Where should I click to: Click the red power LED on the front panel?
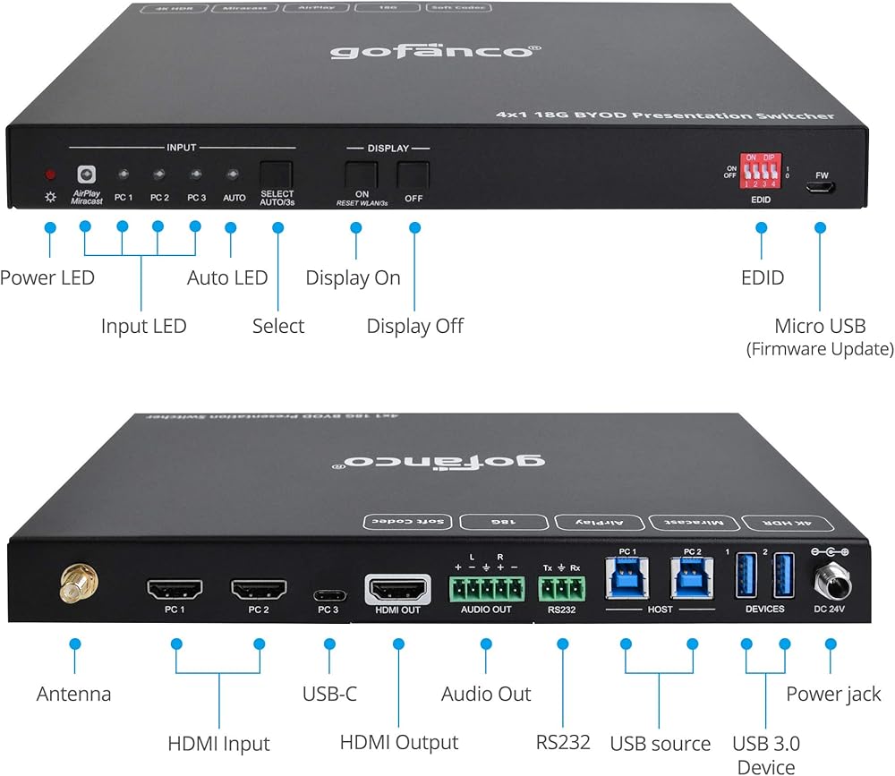(x=50, y=174)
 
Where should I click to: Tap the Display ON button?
(x=362, y=173)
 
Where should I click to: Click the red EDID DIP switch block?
(x=761, y=171)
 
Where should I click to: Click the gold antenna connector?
(x=73, y=586)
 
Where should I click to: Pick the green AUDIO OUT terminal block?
(x=486, y=587)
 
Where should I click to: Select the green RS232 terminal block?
(x=562, y=587)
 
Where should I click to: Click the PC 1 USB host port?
(x=626, y=577)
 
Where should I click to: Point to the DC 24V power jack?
(x=831, y=581)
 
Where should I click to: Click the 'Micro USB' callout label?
(x=820, y=326)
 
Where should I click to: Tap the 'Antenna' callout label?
(x=74, y=694)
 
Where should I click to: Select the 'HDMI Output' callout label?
(x=398, y=742)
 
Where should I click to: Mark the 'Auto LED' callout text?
(x=227, y=277)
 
